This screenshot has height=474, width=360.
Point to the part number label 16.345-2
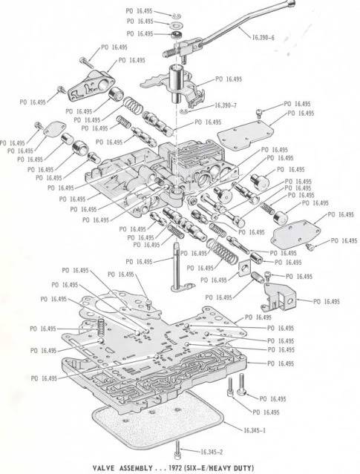pyautogui.click(x=214, y=451)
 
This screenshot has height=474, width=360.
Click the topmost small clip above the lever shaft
pyautogui.click(x=175, y=14)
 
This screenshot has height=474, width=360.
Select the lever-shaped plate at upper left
pyautogui.click(x=89, y=86)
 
